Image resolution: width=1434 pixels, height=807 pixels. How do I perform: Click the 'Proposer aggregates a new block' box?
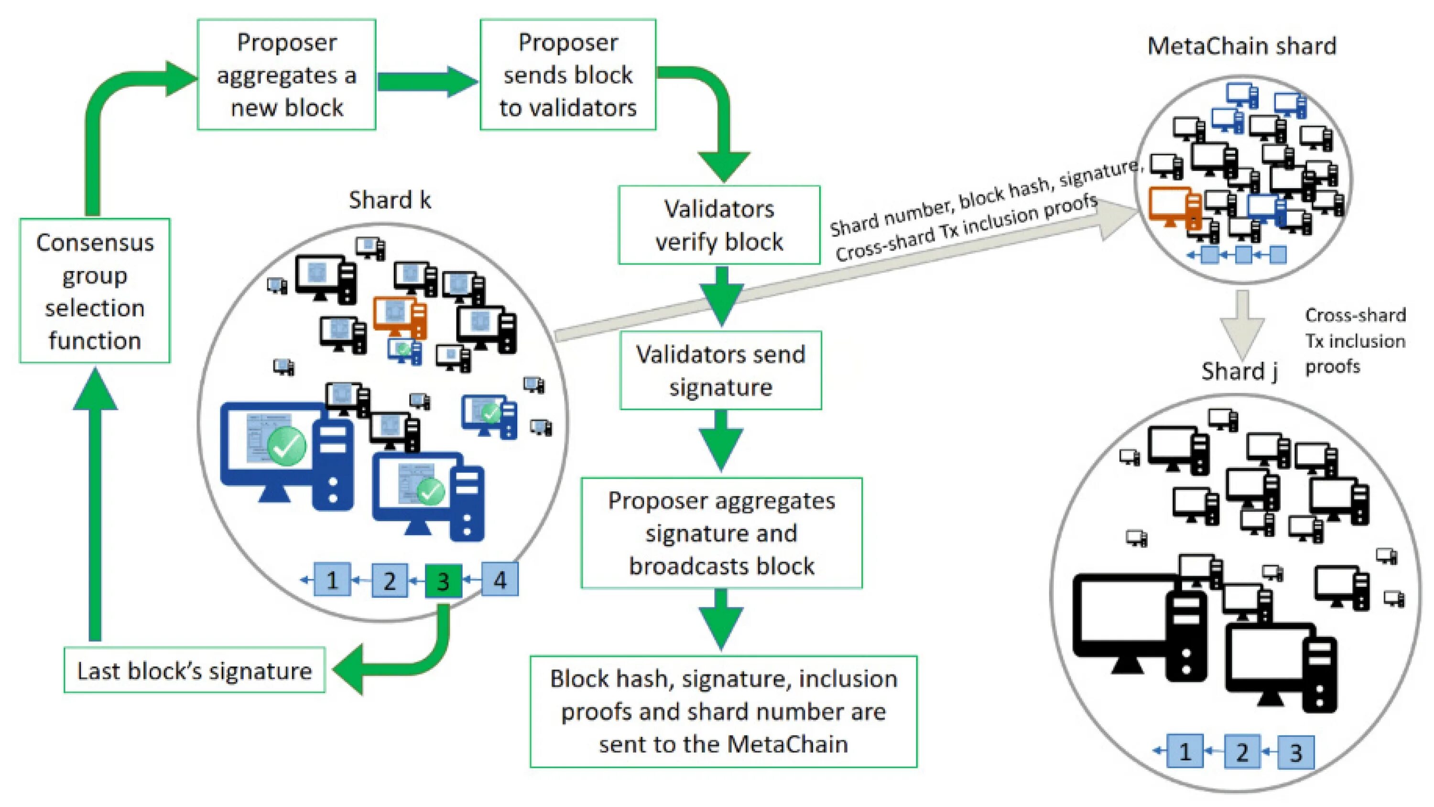coord(286,75)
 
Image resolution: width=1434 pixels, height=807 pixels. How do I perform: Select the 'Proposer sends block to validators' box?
coord(568,75)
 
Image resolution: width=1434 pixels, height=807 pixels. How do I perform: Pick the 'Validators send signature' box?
coord(720,370)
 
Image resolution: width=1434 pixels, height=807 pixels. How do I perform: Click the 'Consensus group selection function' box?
coord(95,291)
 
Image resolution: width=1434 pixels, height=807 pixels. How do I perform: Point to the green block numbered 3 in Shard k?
coord(443,581)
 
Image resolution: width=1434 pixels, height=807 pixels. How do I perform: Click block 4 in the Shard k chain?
coord(500,580)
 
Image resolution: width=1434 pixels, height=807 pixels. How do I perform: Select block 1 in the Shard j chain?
coord(1184,752)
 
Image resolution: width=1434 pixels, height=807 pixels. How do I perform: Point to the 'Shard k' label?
coord(390,200)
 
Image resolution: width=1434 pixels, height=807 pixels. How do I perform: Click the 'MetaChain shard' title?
coord(1242,46)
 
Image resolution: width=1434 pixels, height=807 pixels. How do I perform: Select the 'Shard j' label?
coord(1239,371)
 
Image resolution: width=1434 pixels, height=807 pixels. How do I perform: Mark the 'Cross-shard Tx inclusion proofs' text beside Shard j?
coord(1355,341)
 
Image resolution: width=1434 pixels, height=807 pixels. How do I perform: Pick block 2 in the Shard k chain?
coord(389,581)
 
